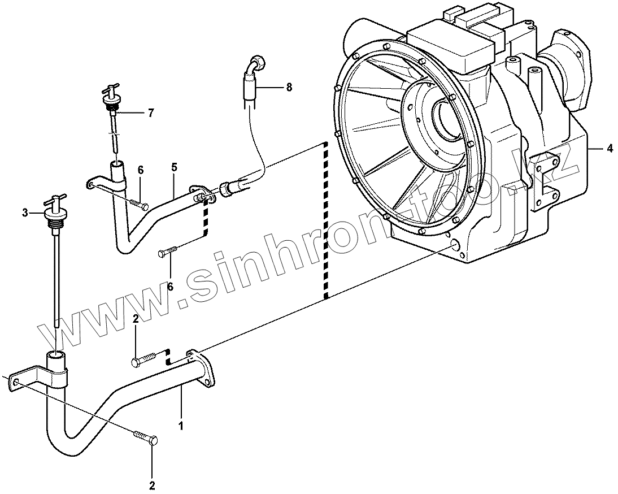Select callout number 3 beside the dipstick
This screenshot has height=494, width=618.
click(25, 213)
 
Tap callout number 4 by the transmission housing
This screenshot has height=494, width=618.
click(610, 149)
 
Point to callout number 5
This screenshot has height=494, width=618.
click(175, 167)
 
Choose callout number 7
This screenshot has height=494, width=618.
click(150, 113)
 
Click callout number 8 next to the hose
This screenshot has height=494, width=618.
click(289, 87)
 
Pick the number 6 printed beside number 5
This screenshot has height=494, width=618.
click(141, 170)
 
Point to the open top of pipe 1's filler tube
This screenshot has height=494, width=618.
click(56, 355)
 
